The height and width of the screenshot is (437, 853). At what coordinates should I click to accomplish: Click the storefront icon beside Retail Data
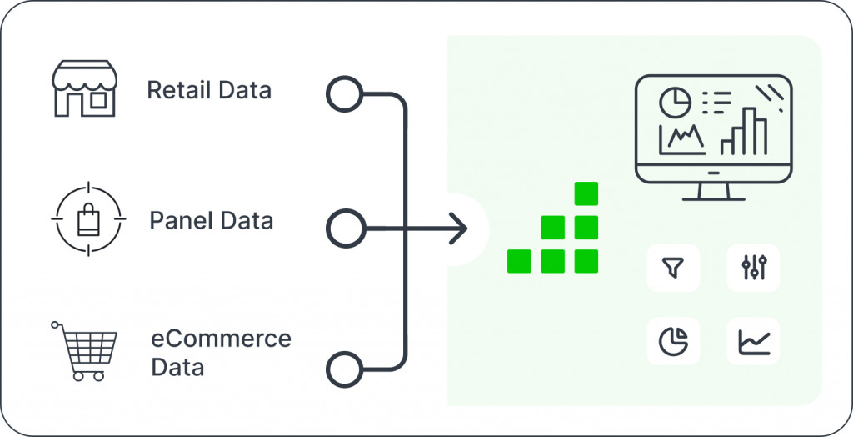coord(84,88)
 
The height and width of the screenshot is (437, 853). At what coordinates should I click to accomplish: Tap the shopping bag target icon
coord(87,220)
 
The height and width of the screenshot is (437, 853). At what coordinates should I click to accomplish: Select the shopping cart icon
coord(85,350)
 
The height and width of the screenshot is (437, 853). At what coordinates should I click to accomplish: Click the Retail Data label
coord(209,90)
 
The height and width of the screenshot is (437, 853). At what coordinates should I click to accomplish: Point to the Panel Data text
coord(211,221)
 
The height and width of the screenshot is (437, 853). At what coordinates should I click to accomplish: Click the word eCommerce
coord(221,339)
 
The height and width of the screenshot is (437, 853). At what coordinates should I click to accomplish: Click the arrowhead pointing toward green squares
coord(457,227)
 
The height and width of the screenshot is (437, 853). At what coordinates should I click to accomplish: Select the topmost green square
coord(586,193)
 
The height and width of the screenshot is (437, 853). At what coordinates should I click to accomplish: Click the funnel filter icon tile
coord(672,268)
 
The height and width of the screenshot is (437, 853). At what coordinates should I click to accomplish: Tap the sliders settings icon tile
coord(753,268)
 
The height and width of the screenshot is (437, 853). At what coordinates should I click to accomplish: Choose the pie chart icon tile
coord(672,341)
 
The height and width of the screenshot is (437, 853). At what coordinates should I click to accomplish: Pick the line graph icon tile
coord(753,341)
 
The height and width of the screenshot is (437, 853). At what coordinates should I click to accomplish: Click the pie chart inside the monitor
coord(676,103)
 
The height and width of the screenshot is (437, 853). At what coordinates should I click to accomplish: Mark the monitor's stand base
coord(713,198)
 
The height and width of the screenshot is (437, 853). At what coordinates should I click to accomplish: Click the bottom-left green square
coord(519,261)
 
